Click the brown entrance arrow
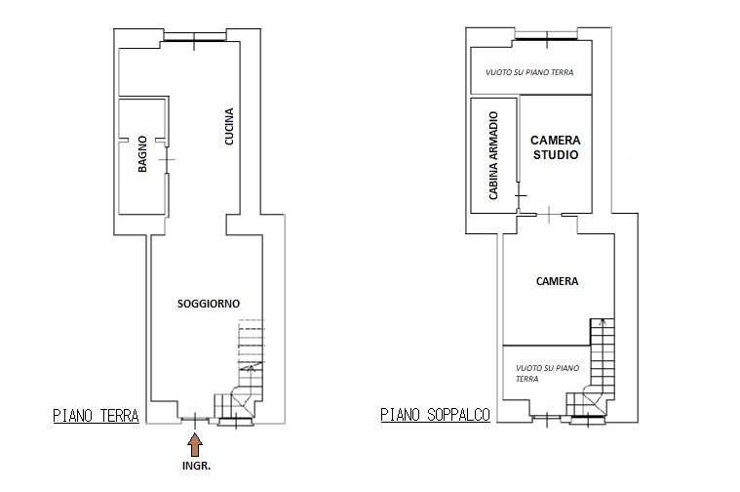tap(195, 446)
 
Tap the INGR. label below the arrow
tap(196, 466)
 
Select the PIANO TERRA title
tap(96, 416)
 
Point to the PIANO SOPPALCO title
tap(435, 415)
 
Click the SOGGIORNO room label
tap(209, 304)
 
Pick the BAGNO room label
tap(142, 154)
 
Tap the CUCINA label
tap(229, 126)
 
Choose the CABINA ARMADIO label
tap(493, 155)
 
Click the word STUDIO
tap(556, 155)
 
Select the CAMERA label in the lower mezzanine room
tap(557, 282)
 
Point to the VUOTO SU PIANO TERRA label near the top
tap(529, 72)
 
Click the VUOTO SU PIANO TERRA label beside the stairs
tap(547, 373)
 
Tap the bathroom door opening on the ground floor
tap(167, 160)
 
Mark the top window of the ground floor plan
tap(194, 37)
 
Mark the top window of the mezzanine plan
tap(547, 36)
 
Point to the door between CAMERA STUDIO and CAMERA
tap(549, 215)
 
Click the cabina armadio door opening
tap(519, 195)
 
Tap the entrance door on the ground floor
tap(195, 418)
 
